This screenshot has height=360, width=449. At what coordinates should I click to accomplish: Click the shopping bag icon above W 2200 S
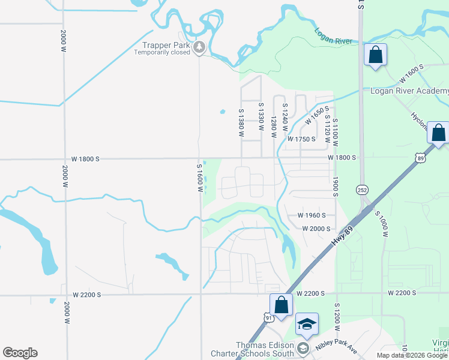(281, 305)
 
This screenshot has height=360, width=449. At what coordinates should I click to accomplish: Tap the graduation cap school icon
(307, 324)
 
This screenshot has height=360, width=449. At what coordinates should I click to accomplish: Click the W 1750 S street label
(301, 139)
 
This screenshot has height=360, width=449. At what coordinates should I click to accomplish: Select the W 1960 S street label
(312, 215)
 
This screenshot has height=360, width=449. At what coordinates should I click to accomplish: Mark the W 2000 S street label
(316, 229)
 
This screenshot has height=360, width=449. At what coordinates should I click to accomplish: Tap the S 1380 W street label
(241, 122)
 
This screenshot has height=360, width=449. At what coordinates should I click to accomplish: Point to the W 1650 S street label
(318, 115)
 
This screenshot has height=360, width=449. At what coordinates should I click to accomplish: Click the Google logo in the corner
(20, 353)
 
